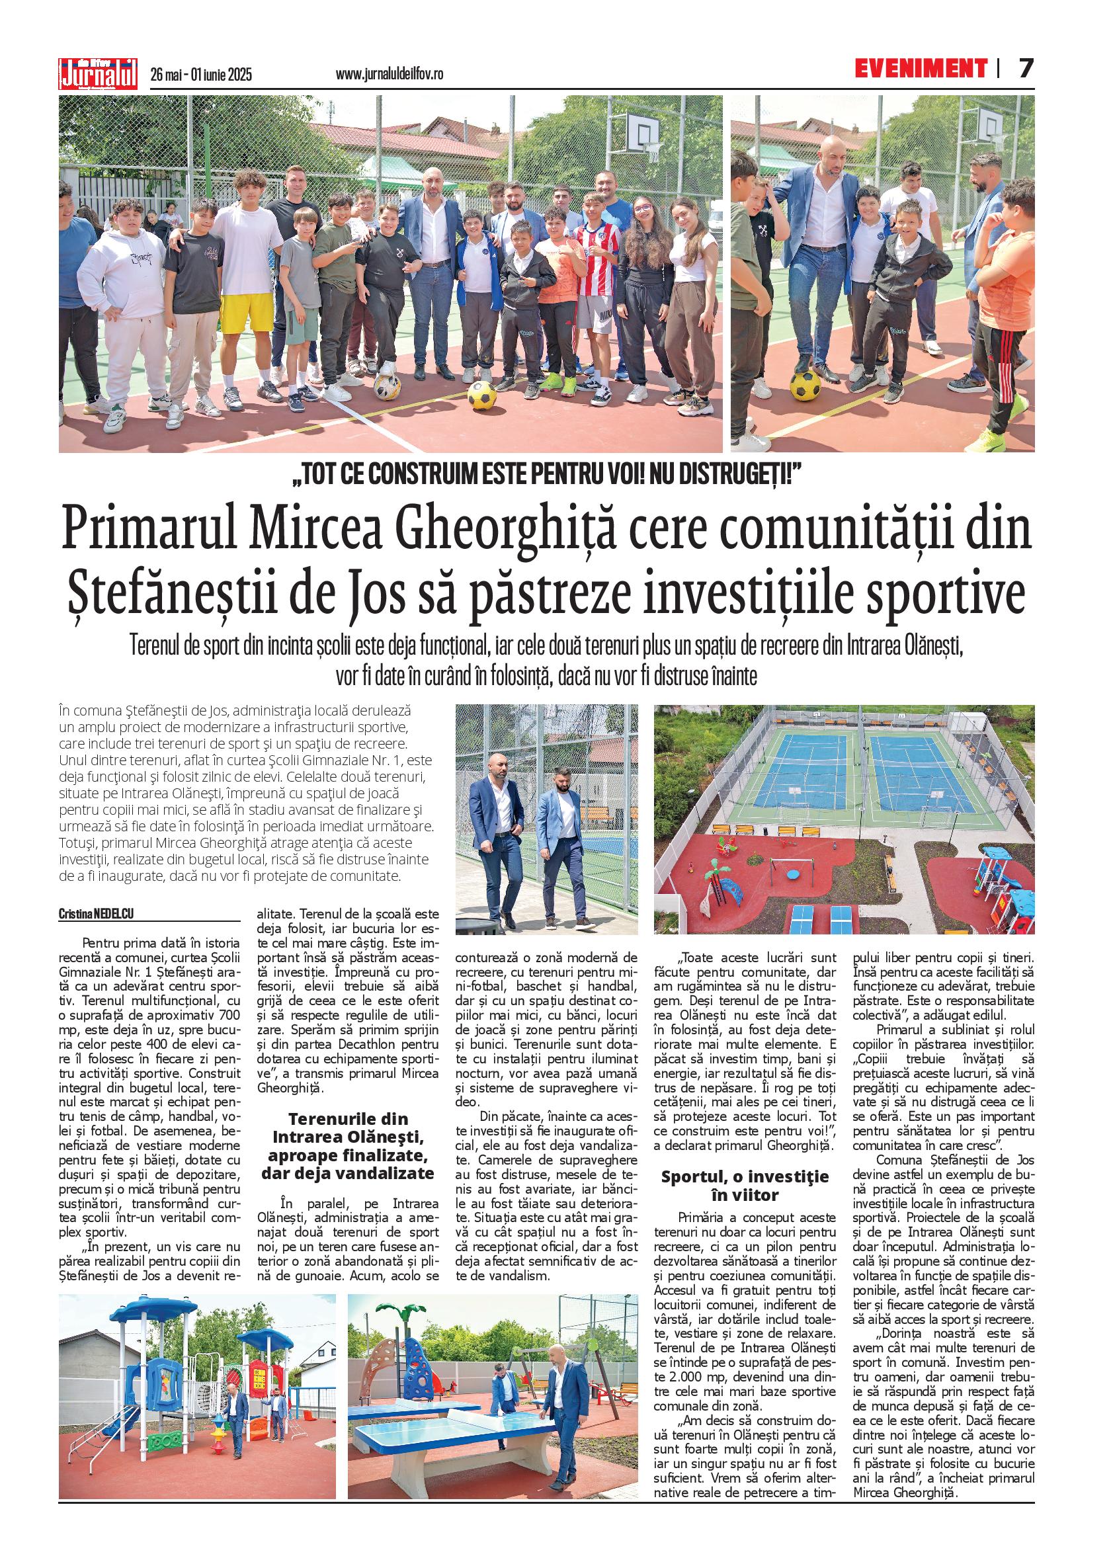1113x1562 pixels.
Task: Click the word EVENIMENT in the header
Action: point(921,69)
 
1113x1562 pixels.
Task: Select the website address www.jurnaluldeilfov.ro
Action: point(390,74)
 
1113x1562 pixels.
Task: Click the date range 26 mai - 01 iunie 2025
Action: point(201,74)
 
